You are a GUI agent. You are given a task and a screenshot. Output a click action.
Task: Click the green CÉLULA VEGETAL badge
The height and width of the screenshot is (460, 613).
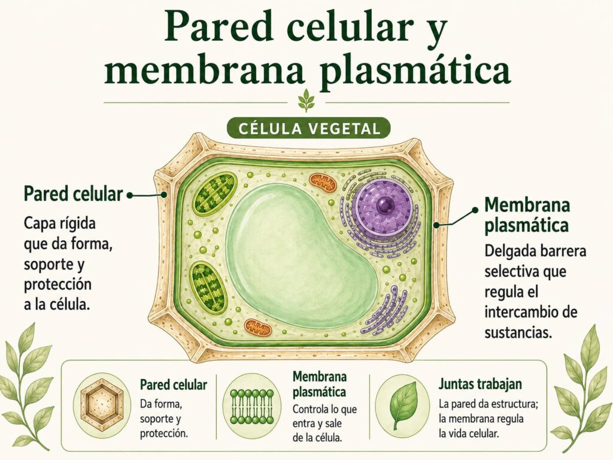(x=308, y=128)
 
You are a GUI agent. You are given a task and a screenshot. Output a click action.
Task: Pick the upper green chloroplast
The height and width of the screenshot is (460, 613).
(x=216, y=194)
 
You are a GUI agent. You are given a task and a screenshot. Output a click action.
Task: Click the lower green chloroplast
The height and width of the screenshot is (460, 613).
(x=208, y=287)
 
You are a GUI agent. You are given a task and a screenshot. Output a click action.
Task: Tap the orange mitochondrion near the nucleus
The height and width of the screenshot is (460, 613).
(x=323, y=183)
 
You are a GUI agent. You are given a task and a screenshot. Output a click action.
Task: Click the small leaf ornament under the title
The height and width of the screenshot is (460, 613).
(x=306, y=100)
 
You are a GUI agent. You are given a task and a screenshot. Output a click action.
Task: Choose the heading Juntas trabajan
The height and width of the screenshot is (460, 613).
(x=480, y=384)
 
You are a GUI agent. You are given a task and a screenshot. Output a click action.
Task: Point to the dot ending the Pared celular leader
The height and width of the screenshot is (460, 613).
(x=130, y=195)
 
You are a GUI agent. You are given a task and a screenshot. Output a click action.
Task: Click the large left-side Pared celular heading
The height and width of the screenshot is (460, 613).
(x=74, y=193)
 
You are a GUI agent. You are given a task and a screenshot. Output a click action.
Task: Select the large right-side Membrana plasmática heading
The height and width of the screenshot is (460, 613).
(x=527, y=215)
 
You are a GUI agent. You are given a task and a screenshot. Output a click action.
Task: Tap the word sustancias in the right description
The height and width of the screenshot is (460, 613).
(x=518, y=333)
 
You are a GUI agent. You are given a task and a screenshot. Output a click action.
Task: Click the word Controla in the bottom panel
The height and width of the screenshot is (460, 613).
(x=310, y=409)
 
